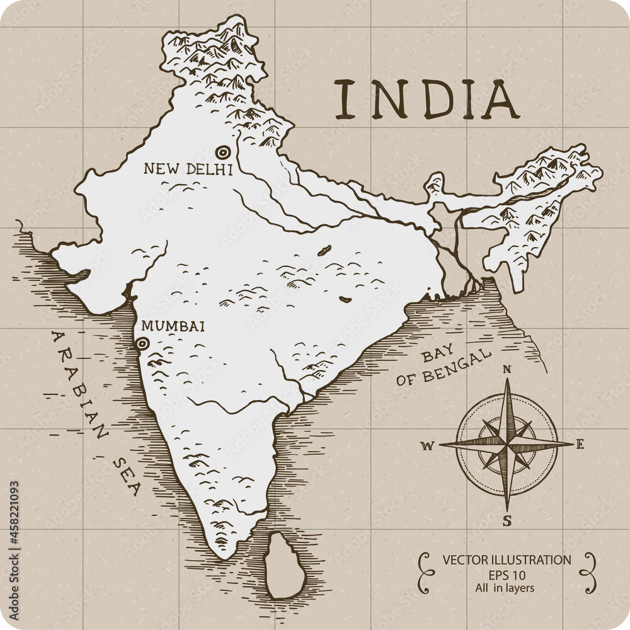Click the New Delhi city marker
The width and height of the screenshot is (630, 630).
point(222,152)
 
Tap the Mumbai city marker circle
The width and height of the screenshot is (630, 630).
point(142,343)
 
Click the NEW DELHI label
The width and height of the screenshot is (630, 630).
point(188,169)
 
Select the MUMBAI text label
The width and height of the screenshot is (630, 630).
point(173,326)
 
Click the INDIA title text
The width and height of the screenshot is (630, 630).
point(427,100)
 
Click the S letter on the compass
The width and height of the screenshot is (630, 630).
point(507,520)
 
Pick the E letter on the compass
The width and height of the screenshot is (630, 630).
point(580,444)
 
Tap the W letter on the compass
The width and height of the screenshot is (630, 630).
point(427,446)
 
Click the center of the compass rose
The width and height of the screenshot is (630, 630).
point(507,444)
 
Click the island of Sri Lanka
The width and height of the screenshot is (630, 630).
point(284,566)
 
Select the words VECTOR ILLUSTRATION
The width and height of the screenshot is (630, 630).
point(507,559)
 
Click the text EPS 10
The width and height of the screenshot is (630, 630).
point(507,575)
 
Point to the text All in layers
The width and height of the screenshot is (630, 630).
point(505,588)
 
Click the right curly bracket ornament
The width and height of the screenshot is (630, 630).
point(589,573)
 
